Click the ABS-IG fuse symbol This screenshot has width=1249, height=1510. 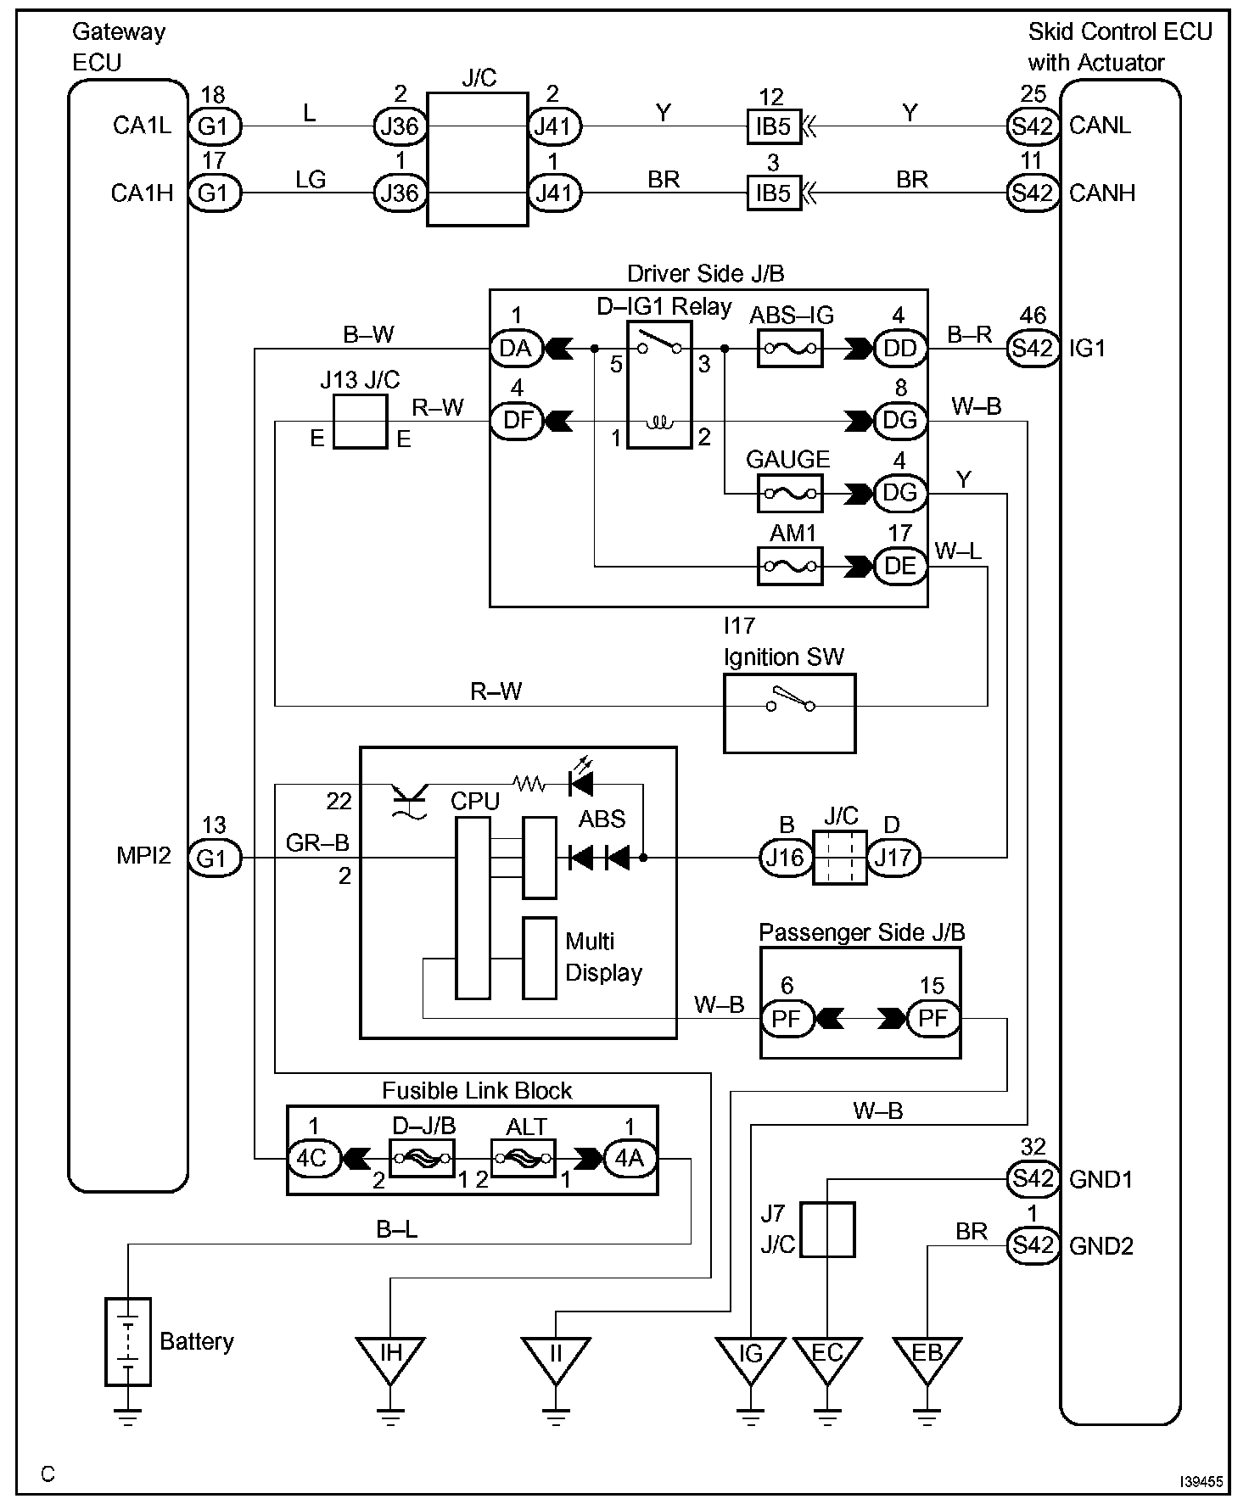tap(789, 348)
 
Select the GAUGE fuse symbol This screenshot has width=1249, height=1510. tap(789, 493)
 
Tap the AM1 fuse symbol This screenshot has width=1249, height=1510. tap(789, 566)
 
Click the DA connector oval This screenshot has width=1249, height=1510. tap(516, 348)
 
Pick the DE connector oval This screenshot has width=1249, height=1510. tap(900, 566)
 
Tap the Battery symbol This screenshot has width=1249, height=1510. tap(128, 1340)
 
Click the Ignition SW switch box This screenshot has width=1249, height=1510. tap(789, 713)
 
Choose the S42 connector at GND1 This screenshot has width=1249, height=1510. tap(1033, 1178)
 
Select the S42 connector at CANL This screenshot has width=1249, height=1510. tap(1033, 126)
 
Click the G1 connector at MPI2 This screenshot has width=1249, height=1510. tap(213, 858)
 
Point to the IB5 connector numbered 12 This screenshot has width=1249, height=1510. tap(772, 126)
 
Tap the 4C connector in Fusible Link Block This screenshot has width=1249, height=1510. tap(313, 1158)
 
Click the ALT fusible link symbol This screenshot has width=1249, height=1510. tap(524, 1158)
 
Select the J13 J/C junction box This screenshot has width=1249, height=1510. tap(360, 422)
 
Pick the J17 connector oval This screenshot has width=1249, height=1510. tap(893, 858)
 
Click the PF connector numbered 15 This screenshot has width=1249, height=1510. tap(933, 1018)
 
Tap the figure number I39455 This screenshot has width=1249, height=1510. tap(1201, 1481)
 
